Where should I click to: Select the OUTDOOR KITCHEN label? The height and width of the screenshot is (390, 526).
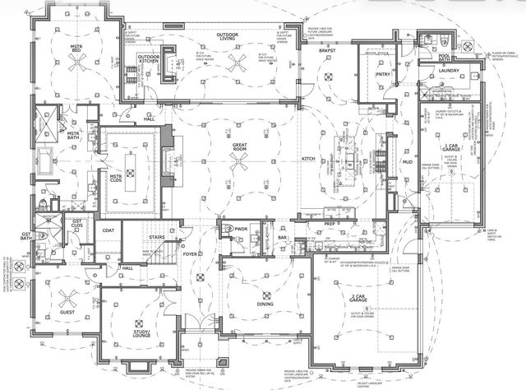pos(149,60)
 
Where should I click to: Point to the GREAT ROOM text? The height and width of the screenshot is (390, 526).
pos(239,148)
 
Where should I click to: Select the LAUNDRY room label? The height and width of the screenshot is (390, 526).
pos(449,72)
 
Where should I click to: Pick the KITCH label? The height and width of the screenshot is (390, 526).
pos(309,158)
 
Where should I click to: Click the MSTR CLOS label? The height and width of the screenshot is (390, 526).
pos(116,176)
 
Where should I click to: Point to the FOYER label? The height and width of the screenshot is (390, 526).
pos(191,254)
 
